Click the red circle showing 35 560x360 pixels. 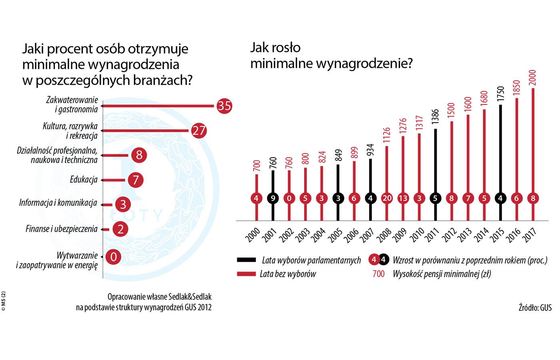pos(224,106)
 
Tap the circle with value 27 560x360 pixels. pos(198,130)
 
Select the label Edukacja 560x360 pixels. pos(84,180)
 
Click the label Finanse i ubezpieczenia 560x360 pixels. pos(61,229)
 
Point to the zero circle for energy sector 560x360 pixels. pos(114,256)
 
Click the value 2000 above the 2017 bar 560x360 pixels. pos(532,77)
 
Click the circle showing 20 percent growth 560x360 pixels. pos(387,198)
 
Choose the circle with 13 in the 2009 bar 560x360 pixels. pos(403,198)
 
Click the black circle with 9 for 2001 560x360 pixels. pos(272,198)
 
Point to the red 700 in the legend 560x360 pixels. pos(378,274)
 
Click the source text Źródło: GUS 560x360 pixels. pos(535,308)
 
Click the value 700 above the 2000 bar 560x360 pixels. pos(257,166)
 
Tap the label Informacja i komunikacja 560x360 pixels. pos(58,203)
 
